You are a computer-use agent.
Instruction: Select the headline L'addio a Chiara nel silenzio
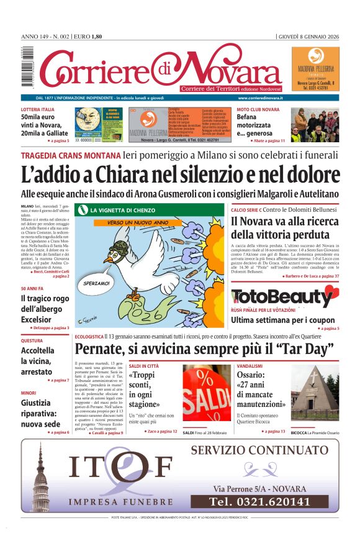(x=180, y=173)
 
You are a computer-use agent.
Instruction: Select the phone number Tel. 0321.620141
(x=259, y=501)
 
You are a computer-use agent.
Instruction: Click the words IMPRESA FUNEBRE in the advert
(x=120, y=501)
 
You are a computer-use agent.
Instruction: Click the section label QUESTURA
(x=32, y=341)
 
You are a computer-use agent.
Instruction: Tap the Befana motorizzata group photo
(x=314, y=124)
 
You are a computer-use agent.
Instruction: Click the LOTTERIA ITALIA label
(x=37, y=109)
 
